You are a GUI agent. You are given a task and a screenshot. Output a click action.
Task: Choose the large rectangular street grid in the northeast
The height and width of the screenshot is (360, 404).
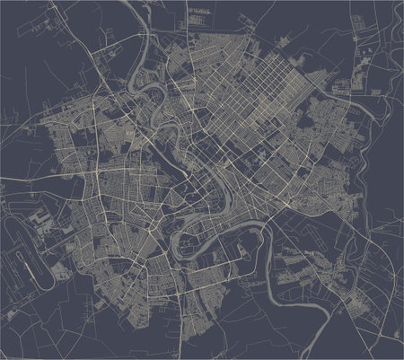(260, 99)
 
